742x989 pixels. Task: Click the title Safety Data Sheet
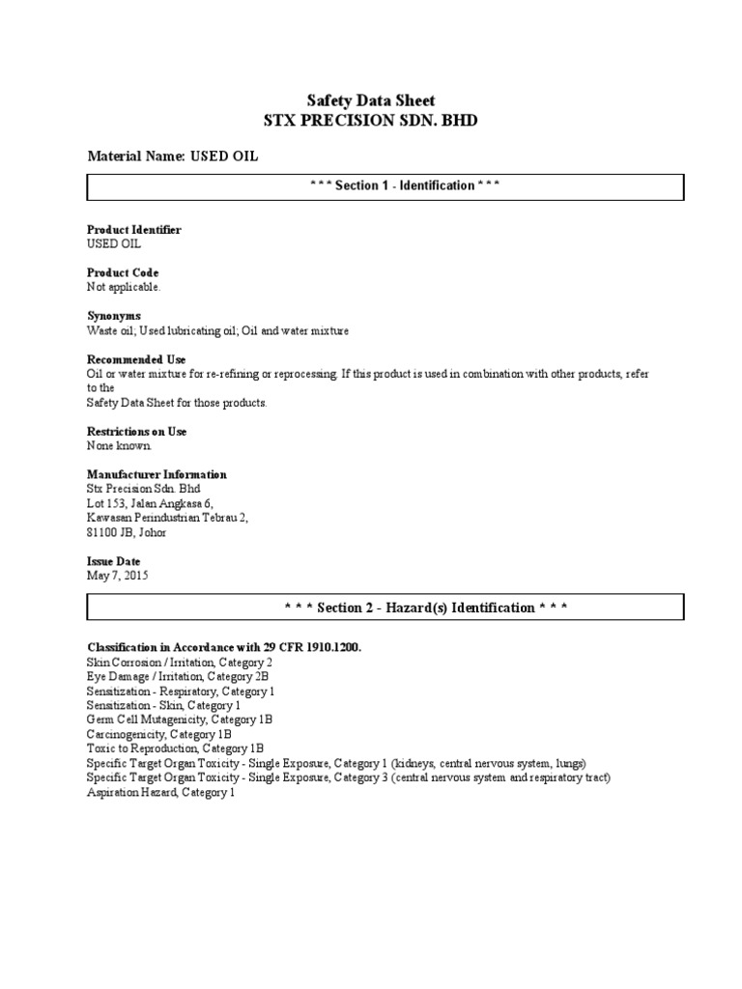[x=371, y=100]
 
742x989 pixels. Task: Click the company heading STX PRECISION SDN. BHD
[x=371, y=121]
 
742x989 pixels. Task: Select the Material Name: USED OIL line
[x=173, y=155]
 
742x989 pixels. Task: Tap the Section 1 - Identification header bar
[x=385, y=186]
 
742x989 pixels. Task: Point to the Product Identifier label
[x=134, y=230]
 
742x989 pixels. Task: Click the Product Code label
[x=123, y=273]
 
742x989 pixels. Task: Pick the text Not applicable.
[x=125, y=287]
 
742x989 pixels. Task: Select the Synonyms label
[x=114, y=316]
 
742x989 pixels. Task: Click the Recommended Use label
[x=136, y=359]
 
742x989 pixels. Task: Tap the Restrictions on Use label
[x=137, y=432]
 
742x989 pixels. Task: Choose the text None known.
[x=120, y=446]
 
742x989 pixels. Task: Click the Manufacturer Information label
[x=157, y=475]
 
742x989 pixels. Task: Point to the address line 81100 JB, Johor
[x=127, y=532]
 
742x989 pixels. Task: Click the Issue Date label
[x=114, y=561]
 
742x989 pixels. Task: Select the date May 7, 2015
[x=118, y=576]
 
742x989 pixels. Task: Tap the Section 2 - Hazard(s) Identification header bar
[x=385, y=608]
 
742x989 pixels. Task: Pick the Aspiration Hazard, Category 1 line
[x=161, y=792]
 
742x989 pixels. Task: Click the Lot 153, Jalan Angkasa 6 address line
[x=150, y=503]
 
